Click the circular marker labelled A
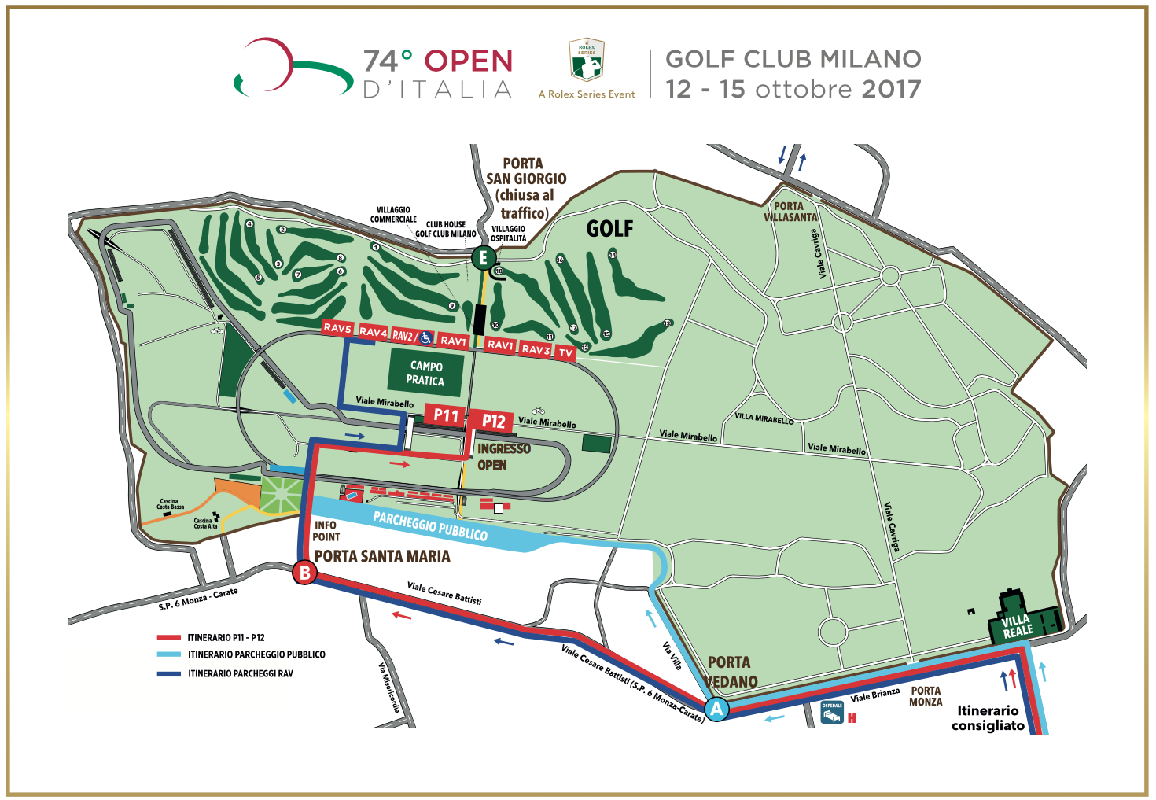(716, 709)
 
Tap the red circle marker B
(304, 573)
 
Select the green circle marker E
(484, 257)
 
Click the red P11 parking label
(446, 415)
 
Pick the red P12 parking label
(493, 422)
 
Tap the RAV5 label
(337, 328)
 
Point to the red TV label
(565, 353)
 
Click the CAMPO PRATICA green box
(425, 373)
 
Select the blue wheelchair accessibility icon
(425, 337)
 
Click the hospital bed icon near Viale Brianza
(832, 712)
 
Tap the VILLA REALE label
(1017, 626)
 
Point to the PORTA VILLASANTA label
(790, 212)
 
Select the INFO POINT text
(326, 531)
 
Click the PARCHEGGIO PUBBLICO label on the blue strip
(430, 526)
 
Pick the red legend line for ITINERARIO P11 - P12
(169, 638)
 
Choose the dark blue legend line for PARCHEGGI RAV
(169, 673)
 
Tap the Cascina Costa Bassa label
(170, 504)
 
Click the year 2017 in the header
(891, 89)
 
